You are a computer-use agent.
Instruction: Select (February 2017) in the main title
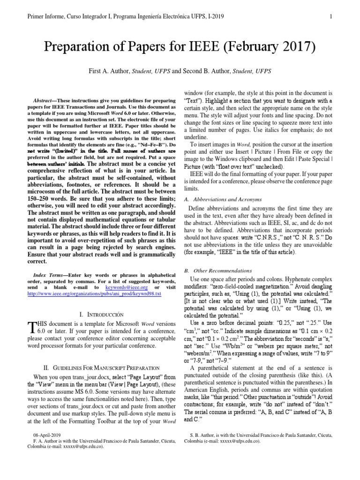[x=274, y=47]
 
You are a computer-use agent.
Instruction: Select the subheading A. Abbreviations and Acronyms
[x=219, y=199]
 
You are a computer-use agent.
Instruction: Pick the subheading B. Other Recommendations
[x=218, y=270]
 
